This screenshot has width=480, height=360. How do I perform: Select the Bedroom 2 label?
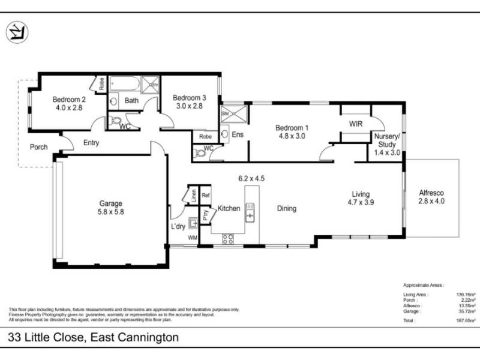pos(69,100)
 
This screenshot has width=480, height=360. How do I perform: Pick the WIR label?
pos(356,123)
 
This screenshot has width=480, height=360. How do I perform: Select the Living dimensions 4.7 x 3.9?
pos(361,203)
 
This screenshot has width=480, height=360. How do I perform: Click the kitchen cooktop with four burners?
pos(228,239)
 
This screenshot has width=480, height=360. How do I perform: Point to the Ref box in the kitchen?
pos(205,195)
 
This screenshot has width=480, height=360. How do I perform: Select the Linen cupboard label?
pos(193,195)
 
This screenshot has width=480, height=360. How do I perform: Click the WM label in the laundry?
pos(193,238)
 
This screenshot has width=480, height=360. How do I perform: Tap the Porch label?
pos(38,146)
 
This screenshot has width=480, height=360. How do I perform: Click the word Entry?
pos(91,143)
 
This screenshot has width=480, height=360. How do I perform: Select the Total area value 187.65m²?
pos(465,321)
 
